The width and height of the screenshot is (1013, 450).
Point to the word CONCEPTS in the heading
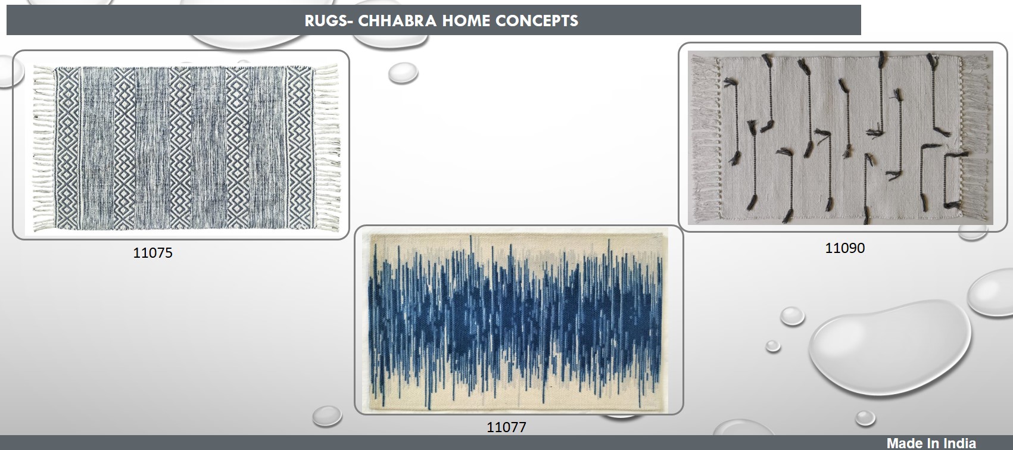point(537,21)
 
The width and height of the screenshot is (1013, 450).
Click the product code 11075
point(152,252)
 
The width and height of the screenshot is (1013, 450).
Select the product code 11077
point(506,427)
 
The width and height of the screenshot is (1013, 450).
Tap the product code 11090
point(845,248)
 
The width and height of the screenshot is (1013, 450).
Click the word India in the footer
point(958,443)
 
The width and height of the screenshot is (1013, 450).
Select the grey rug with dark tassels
point(840,137)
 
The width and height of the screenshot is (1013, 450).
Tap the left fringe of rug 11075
point(43,148)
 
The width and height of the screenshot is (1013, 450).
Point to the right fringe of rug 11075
point(326,148)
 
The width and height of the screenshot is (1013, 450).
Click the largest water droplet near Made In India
point(889,348)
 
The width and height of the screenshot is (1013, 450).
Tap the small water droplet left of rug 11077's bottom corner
point(327,415)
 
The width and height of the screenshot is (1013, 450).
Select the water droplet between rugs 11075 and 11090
point(403,73)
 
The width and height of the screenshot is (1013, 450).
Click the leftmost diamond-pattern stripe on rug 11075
point(67,148)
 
